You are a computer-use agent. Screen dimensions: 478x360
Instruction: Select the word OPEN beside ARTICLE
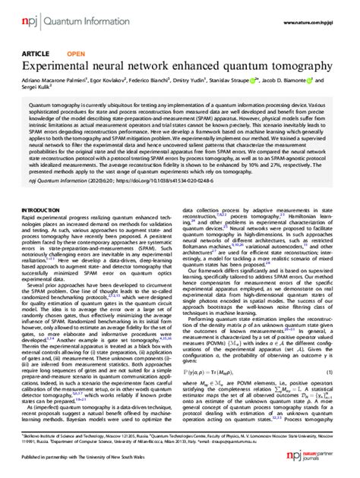click(x=76, y=55)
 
